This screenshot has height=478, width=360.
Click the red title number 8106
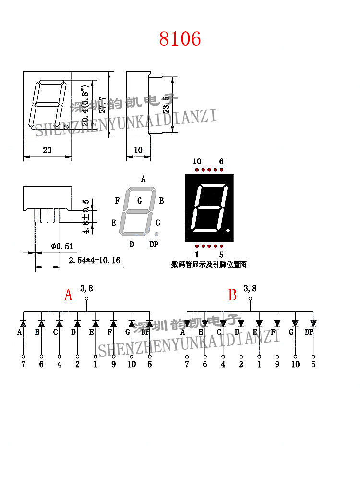click(x=180, y=39)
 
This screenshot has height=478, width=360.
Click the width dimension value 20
click(x=47, y=150)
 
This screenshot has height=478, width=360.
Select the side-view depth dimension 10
click(x=138, y=150)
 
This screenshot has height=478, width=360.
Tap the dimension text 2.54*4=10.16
click(x=94, y=261)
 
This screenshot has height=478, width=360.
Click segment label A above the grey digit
click(x=143, y=179)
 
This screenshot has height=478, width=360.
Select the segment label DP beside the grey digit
click(x=154, y=245)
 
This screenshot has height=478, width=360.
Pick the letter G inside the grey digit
click(x=140, y=201)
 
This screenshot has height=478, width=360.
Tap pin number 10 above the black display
click(x=197, y=161)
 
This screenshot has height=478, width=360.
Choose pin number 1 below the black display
click(x=197, y=255)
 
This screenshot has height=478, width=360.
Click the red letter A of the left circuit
click(x=68, y=295)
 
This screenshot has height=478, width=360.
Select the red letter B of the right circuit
click(x=232, y=295)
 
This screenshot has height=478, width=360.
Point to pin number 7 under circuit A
click(x=23, y=364)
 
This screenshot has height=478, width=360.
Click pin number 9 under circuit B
click(x=277, y=364)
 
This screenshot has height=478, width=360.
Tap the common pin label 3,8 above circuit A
click(x=87, y=288)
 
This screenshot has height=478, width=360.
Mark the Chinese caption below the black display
click(x=209, y=264)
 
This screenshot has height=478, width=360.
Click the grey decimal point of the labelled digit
click(x=156, y=234)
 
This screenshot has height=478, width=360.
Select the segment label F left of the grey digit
click(x=118, y=201)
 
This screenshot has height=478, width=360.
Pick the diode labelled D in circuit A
click(x=77, y=324)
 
